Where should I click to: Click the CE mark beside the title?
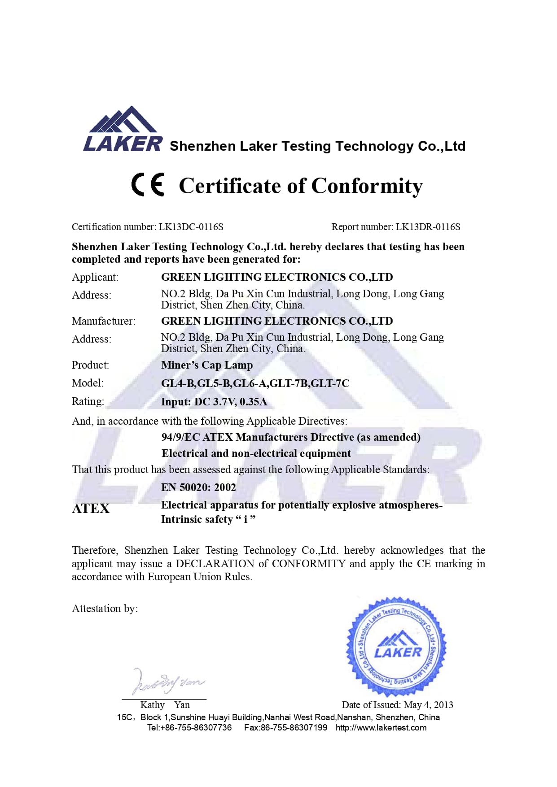coord(148,185)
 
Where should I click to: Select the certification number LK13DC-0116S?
coord(191,227)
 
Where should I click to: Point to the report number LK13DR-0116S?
coord(428,227)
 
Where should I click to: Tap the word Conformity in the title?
coord(367,186)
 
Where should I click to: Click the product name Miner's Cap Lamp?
coord(207,365)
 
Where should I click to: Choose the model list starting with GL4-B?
coord(255,383)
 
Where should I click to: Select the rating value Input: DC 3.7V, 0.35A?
coord(214,402)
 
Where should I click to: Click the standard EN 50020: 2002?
coord(198,487)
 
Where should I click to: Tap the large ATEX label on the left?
coord(91,509)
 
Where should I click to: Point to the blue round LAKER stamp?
coord(396,647)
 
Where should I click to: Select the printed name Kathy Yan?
coord(165,705)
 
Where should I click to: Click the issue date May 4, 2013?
coord(428,705)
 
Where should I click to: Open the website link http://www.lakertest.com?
coord(381,727)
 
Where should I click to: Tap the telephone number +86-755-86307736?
coord(196,727)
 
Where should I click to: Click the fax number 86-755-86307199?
coord(294,727)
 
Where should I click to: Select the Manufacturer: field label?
coord(104,321)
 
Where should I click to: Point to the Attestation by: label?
coord(105,609)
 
